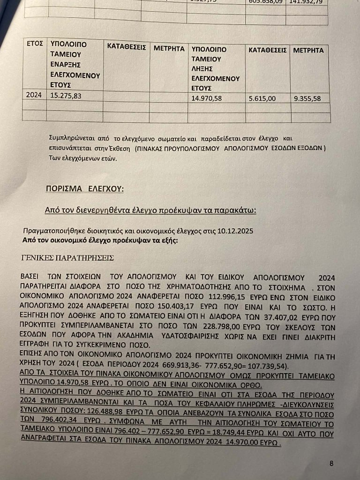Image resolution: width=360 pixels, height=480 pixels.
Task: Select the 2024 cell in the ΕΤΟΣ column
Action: pos(34,95)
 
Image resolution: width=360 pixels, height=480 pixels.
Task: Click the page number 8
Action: pos(331,464)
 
